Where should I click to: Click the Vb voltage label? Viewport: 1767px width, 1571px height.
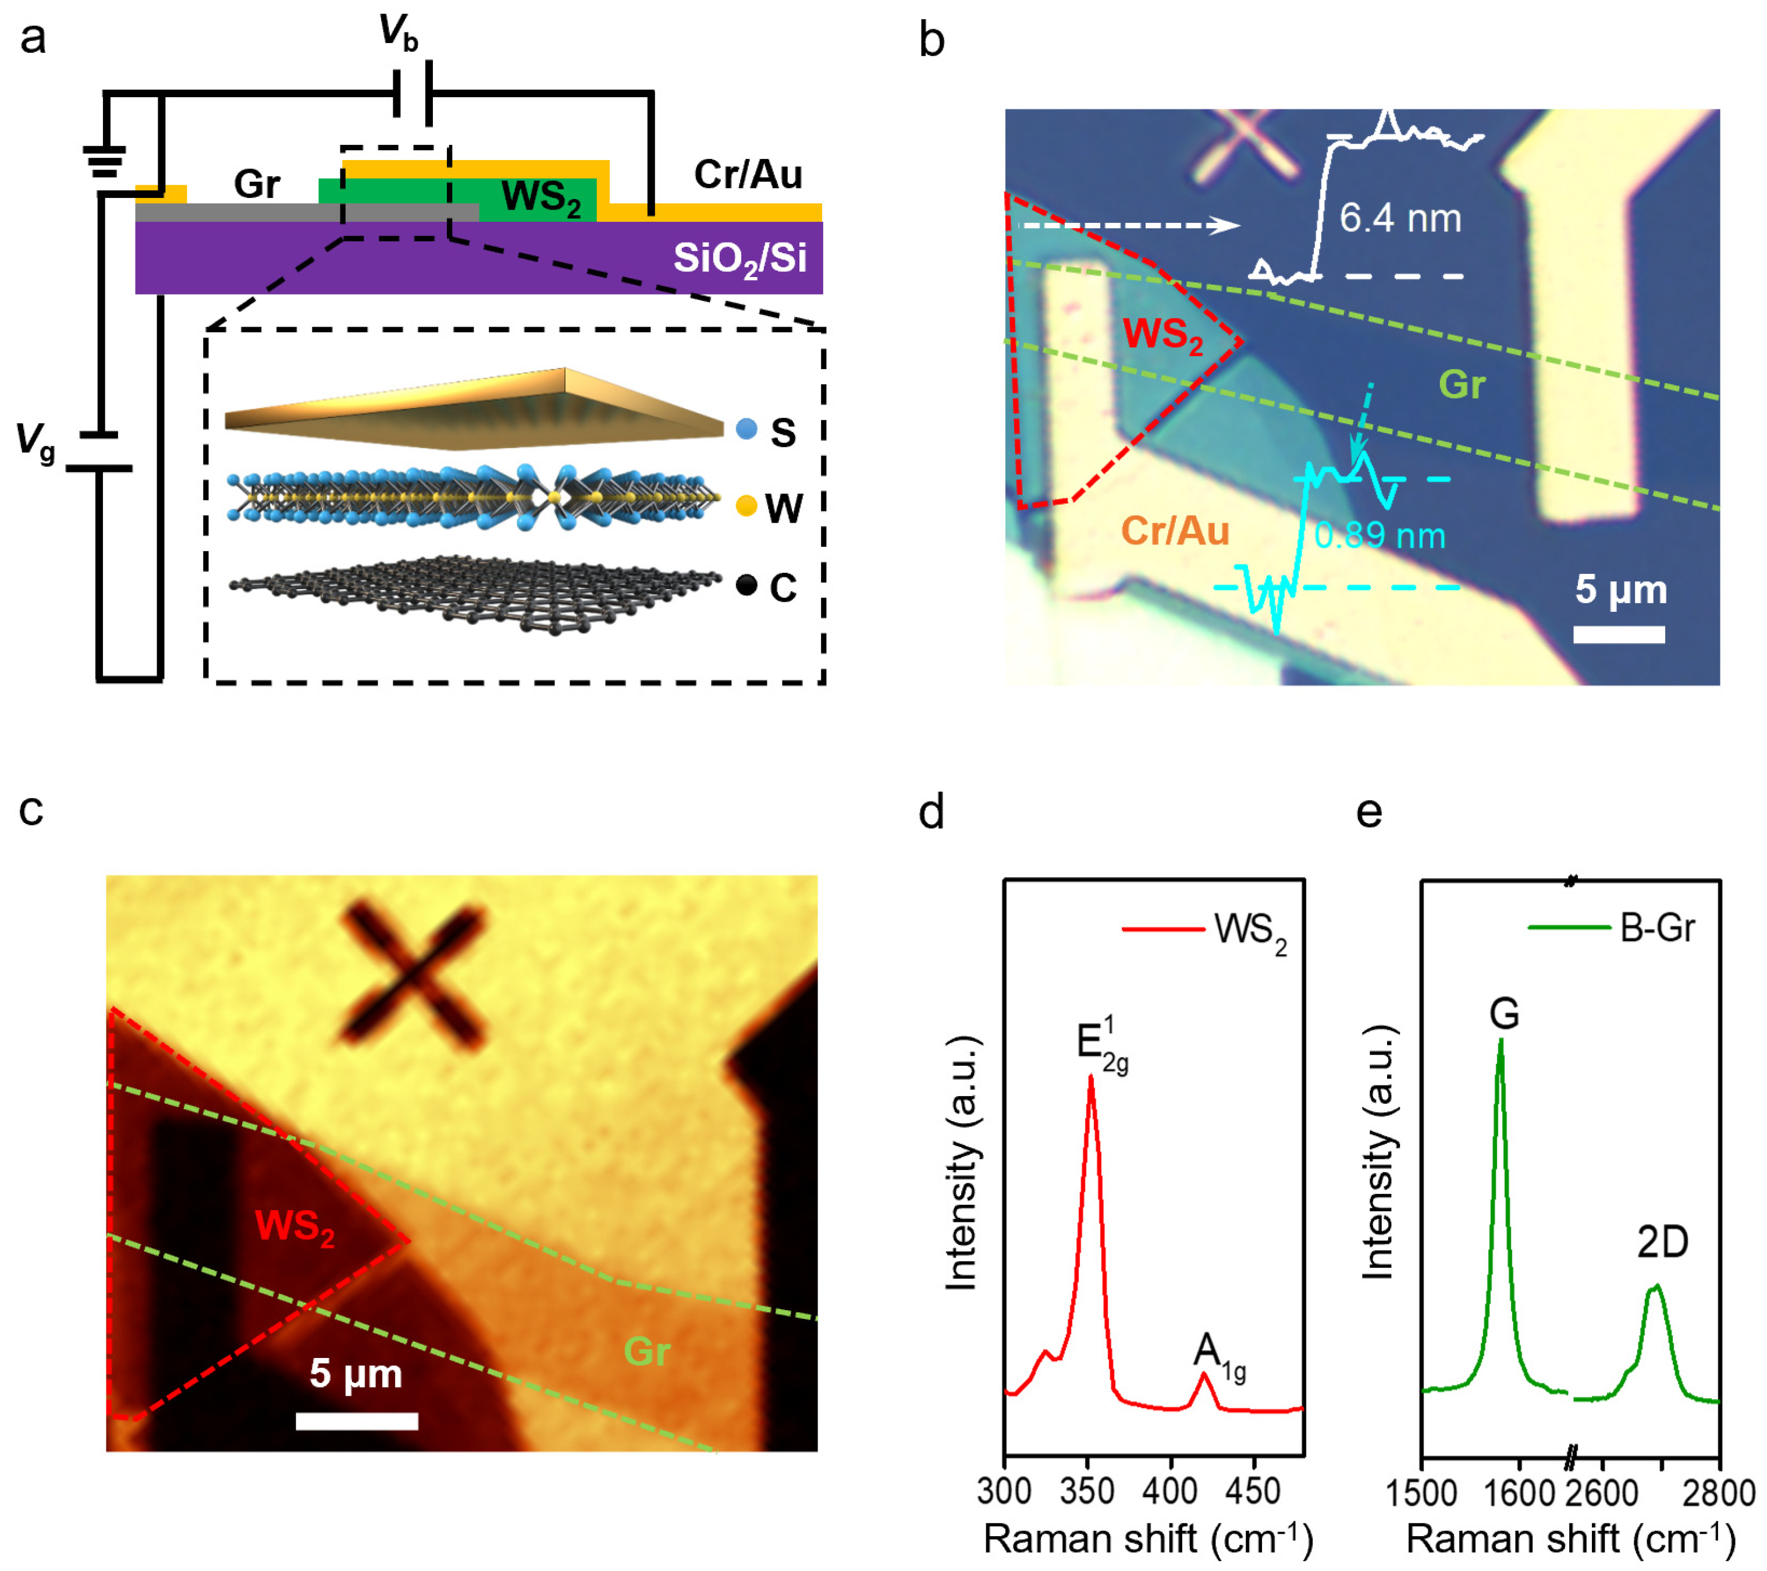tap(399, 33)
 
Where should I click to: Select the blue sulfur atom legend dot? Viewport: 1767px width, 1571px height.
tap(746, 429)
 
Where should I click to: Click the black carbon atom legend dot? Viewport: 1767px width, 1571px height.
tap(746, 586)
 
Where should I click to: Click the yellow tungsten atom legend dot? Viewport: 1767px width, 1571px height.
tap(746, 506)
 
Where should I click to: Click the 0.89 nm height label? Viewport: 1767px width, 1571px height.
tap(1379, 536)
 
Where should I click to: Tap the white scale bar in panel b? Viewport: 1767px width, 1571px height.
tap(1618, 634)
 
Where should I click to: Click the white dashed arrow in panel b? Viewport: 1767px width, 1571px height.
tap(1129, 226)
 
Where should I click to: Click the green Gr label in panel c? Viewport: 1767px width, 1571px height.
tap(646, 1350)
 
